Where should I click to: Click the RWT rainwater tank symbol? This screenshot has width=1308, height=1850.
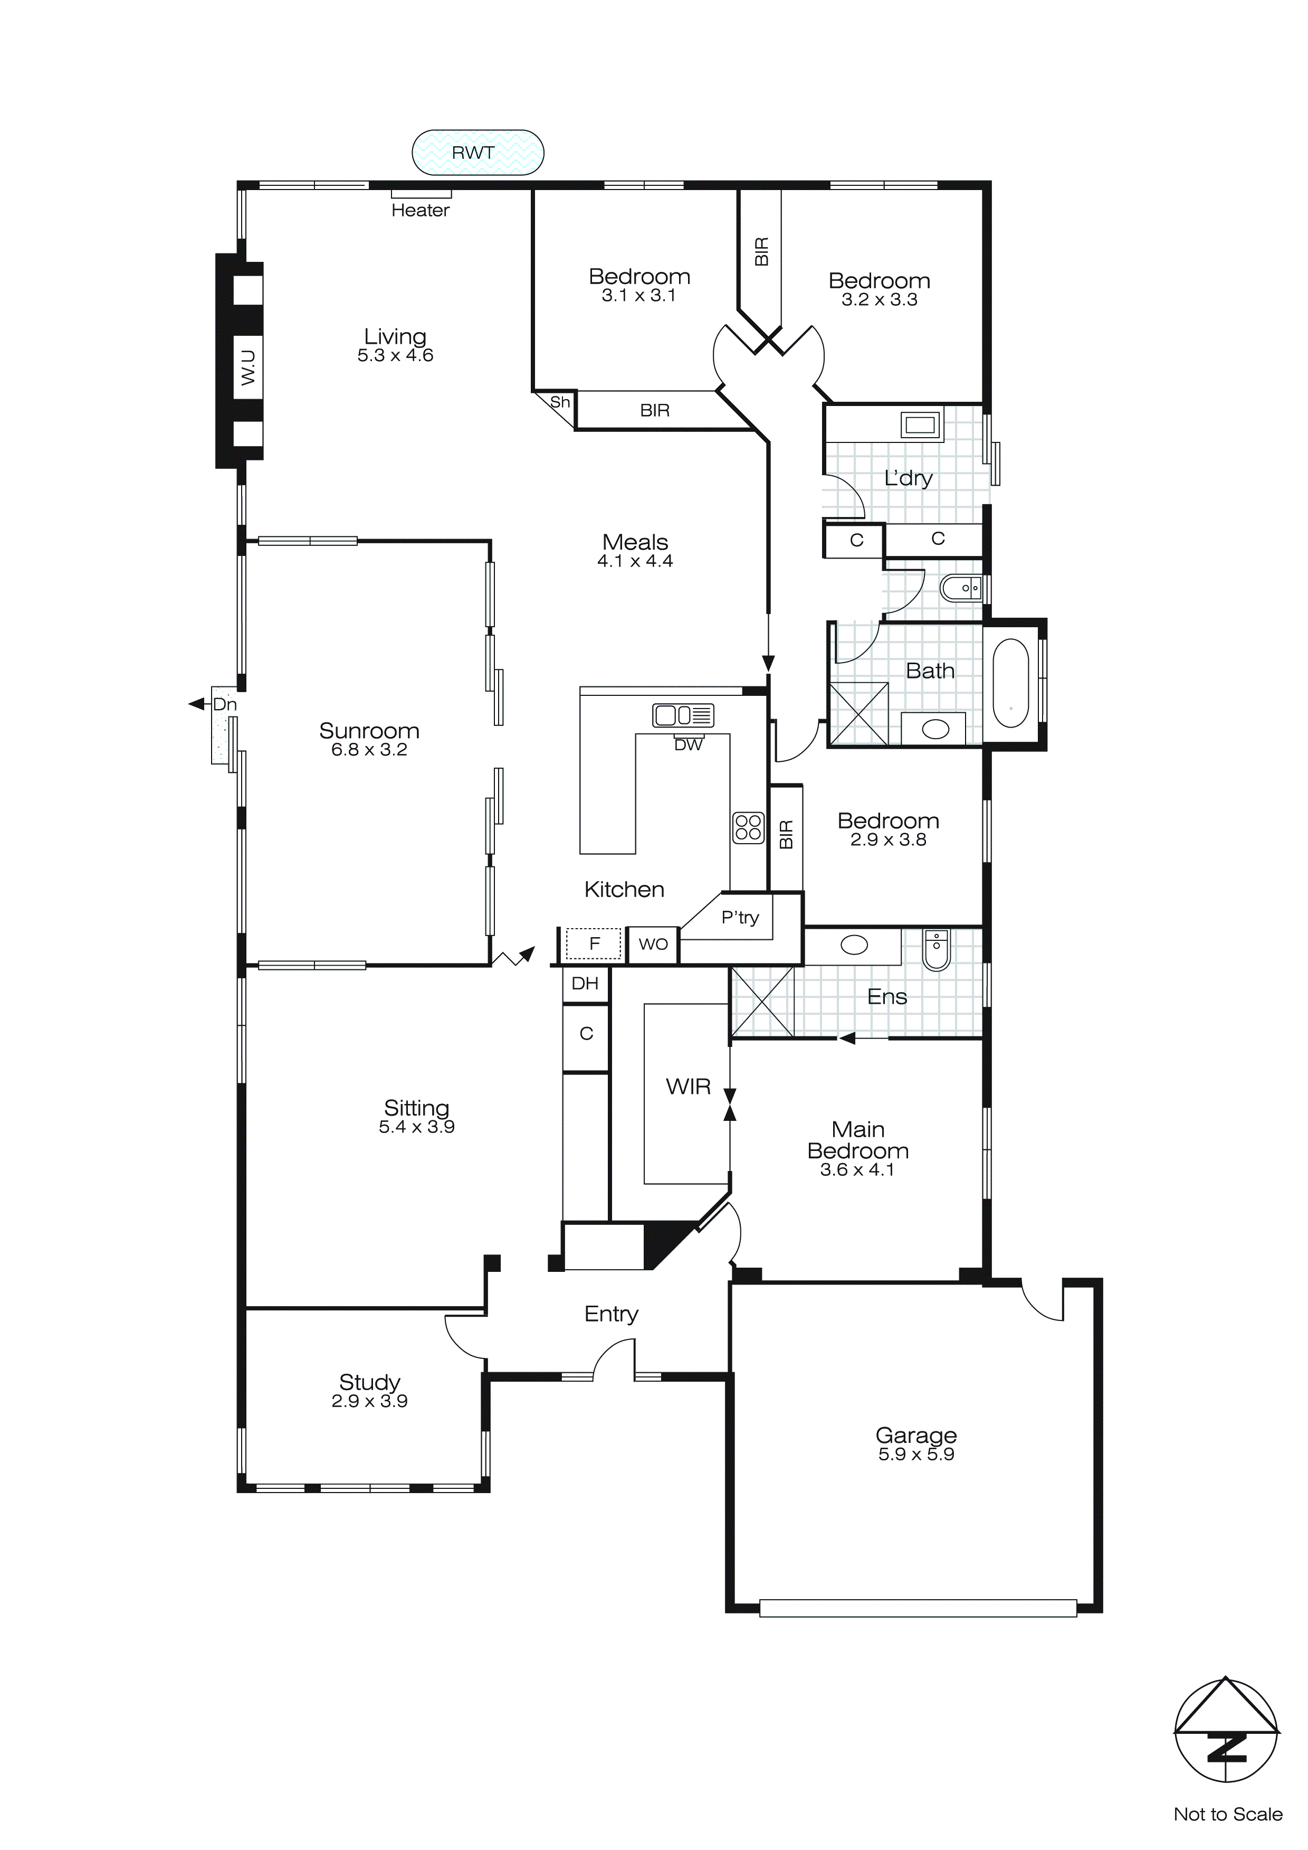point(478,152)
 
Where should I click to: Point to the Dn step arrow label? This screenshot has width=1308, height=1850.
point(225,704)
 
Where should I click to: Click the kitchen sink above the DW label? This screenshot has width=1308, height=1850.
point(682,715)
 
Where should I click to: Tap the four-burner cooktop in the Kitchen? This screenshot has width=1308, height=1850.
point(748,827)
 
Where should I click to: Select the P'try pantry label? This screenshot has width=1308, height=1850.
point(739,917)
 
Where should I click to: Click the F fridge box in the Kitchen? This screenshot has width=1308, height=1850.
point(595,943)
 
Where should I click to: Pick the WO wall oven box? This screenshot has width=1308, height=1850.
point(653,943)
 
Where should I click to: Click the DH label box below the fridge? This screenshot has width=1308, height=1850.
point(585,983)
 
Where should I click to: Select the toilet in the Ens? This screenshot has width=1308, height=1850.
point(936,950)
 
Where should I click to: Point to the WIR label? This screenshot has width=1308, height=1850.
point(688,1087)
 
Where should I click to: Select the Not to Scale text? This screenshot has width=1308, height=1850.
point(1227,1815)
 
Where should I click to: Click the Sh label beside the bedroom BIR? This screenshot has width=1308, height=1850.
point(560,402)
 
